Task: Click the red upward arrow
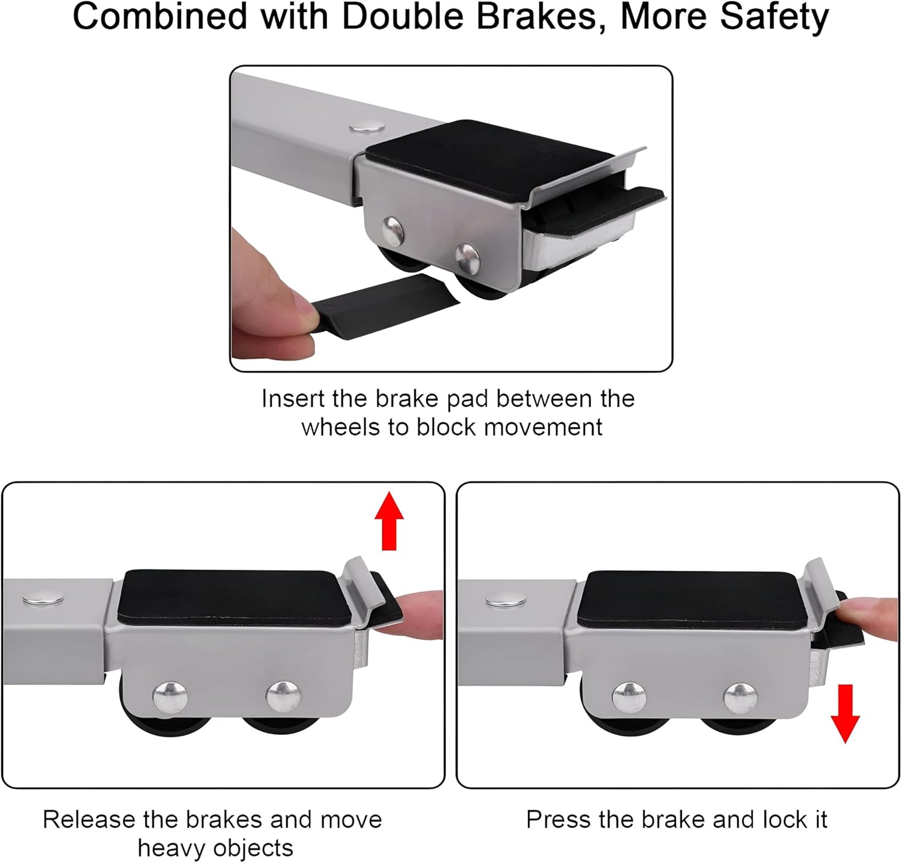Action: pos(389,521)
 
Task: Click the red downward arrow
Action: pos(845,713)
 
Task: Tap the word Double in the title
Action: pos(409,17)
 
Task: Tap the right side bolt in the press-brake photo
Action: pos(740,698)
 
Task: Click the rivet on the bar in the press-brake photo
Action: pos(506,600)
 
